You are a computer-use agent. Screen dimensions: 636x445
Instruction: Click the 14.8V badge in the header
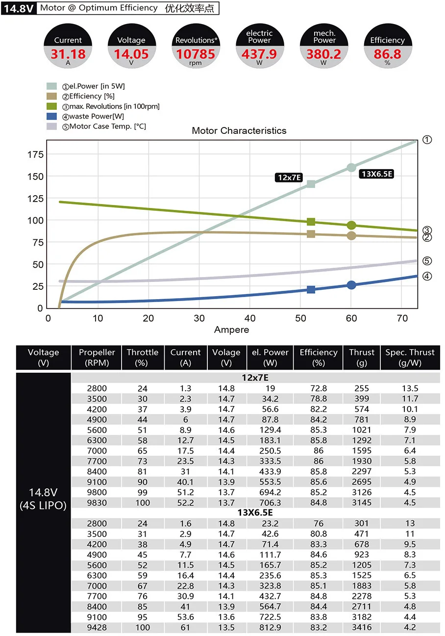[x=18, y=8]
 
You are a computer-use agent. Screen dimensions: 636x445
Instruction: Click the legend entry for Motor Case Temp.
[x=107, y=127]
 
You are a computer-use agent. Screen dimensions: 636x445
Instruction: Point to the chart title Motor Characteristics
[x=239, y=131]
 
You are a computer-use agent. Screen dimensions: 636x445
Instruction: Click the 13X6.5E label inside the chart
[x=377, y=174]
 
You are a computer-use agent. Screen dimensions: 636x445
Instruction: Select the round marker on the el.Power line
[x=351, y=168]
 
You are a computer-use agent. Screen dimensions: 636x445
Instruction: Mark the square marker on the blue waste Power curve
[x=311, y=289]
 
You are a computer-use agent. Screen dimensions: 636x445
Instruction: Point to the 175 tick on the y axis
[x=36, y=154]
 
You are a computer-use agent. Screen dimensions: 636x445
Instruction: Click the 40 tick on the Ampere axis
[x=250, y=318]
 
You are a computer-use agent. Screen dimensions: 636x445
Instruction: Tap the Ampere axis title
[x=231, y=330]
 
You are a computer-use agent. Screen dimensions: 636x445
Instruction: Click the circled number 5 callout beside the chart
[x=427, y=261]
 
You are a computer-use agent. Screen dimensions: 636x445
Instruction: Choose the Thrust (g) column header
[x=361, y=357]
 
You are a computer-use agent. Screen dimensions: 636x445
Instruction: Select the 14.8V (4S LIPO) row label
[x=43, y=499]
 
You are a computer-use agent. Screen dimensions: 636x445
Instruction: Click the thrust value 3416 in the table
[x=361, y=627]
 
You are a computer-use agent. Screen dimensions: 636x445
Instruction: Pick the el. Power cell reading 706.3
[x=270, y=503]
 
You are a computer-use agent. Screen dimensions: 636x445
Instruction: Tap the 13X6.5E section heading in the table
[x=255, y=513]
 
